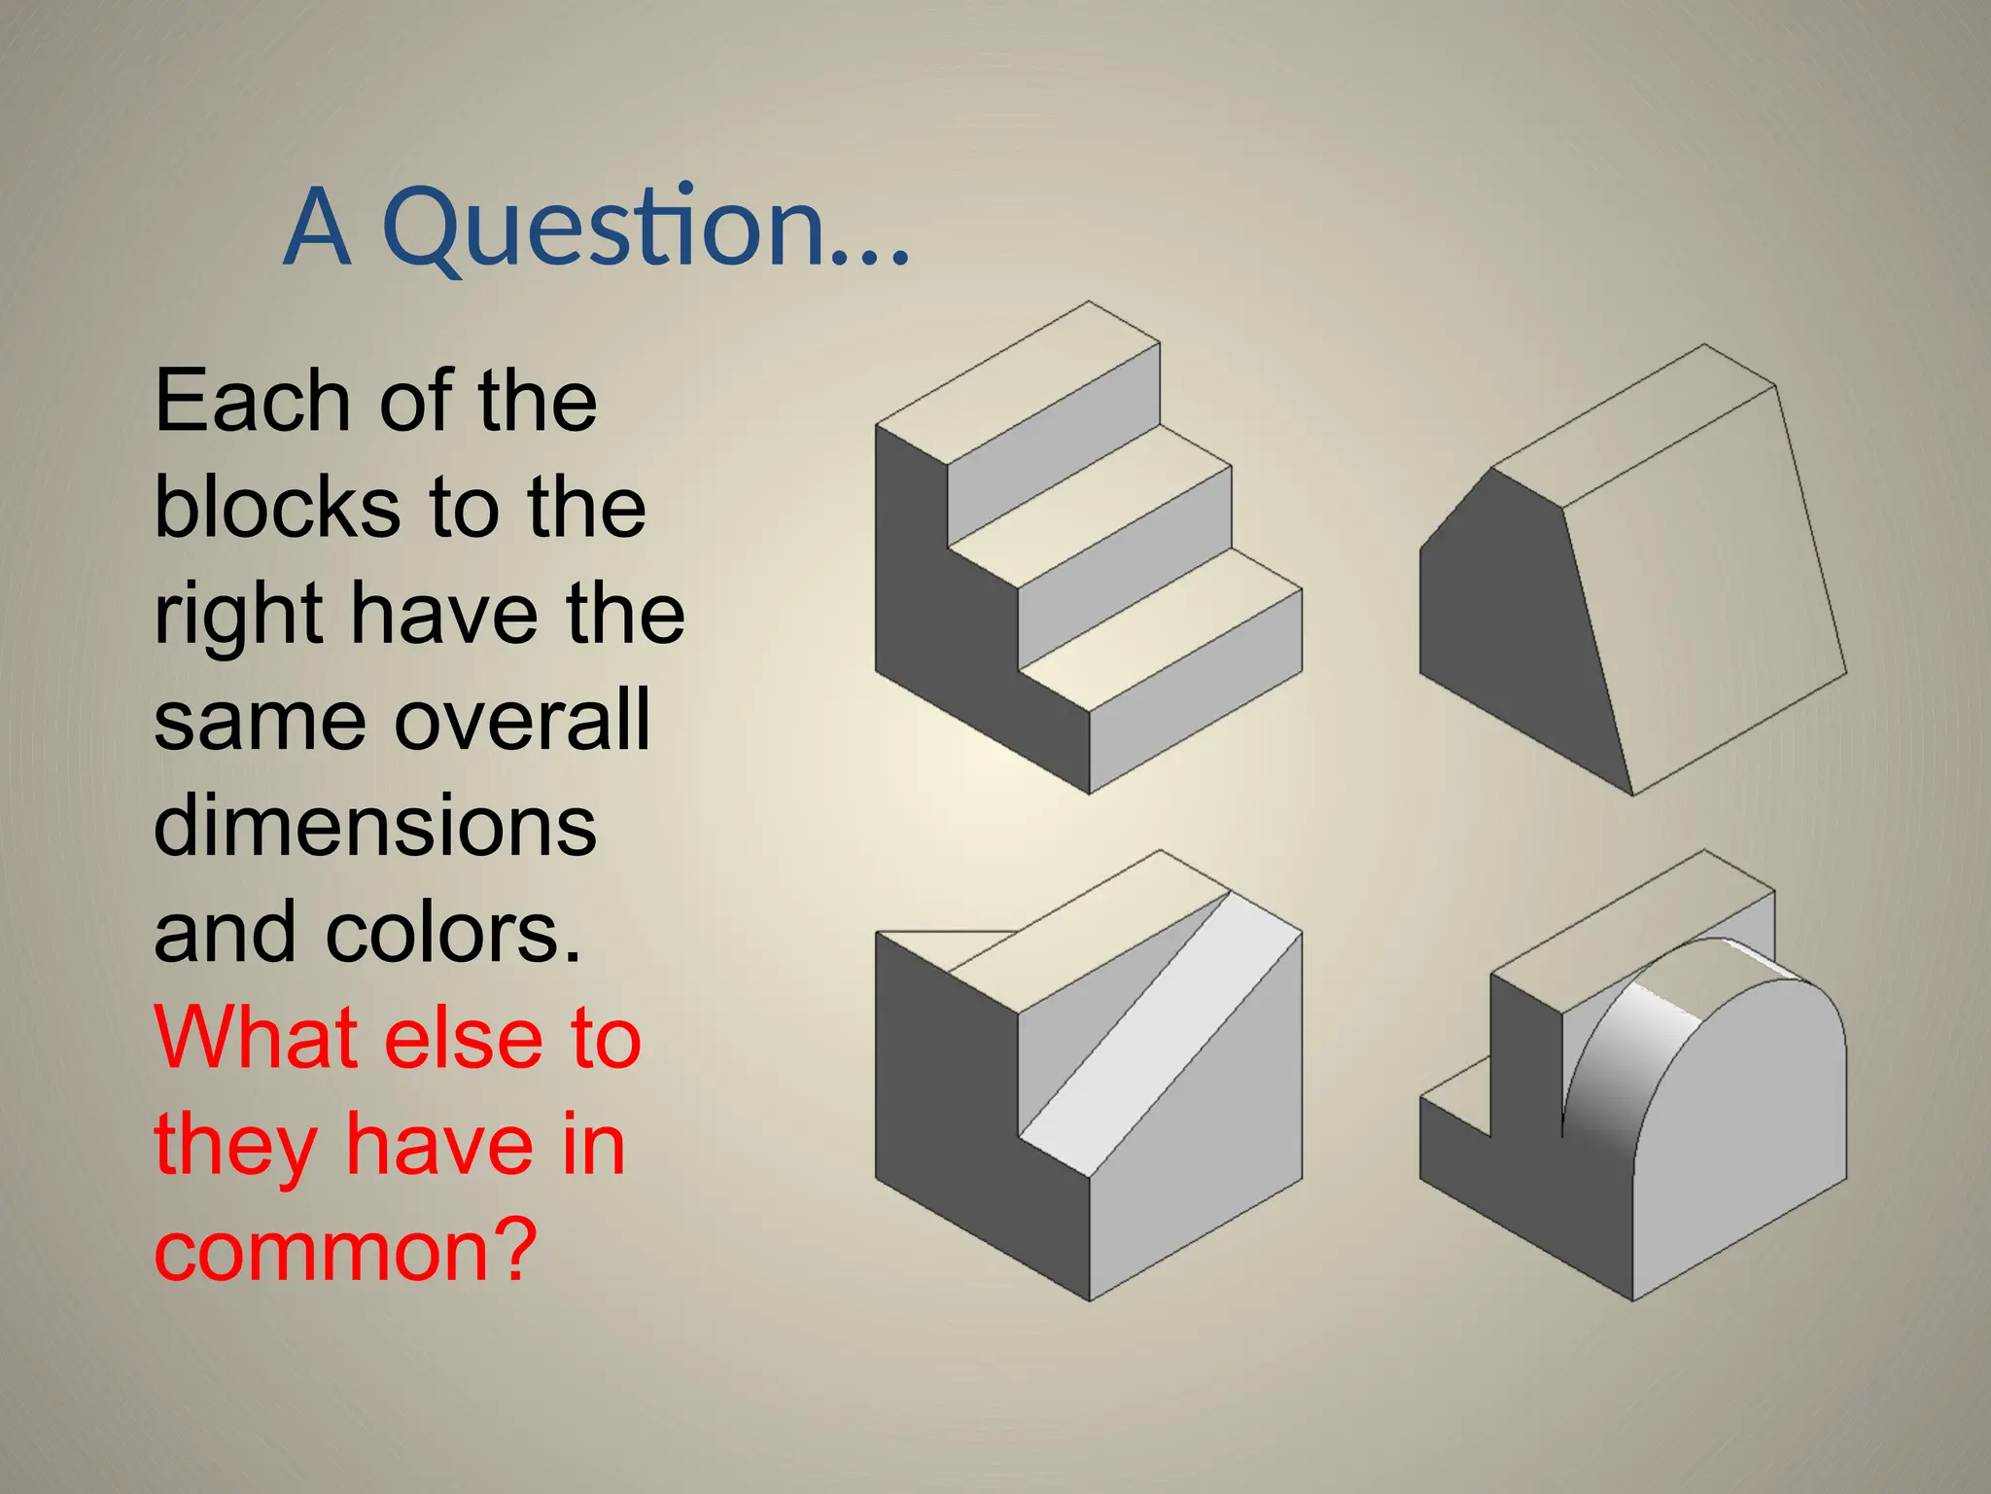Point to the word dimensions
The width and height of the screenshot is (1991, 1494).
tap(375, 826)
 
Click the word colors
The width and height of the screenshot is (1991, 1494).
tap(453, 932)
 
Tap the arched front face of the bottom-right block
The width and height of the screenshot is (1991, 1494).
tap(1740, 1138)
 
